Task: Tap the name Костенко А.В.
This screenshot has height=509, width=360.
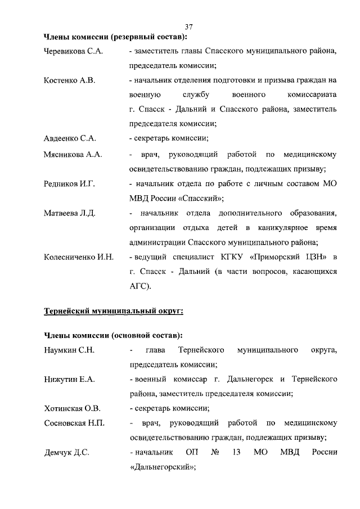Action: [69, 80]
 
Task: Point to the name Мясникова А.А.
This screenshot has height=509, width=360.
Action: [73, 154]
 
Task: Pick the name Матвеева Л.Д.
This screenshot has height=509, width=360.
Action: [70, 213]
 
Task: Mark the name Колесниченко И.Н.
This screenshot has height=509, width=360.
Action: [79, 257]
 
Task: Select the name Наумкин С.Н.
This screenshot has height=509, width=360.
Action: [69, 350]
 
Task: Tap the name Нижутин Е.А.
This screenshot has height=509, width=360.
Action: [69, 380]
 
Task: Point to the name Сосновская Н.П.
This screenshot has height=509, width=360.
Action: [74, 423]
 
